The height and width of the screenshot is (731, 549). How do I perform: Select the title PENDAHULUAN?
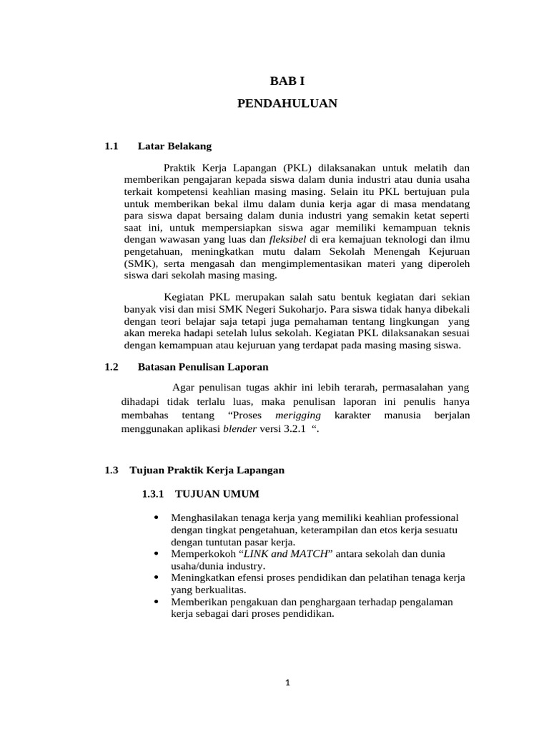(287, 104)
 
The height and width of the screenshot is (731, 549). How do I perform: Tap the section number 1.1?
(110, 146)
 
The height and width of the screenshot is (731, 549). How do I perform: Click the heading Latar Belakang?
(174, 146)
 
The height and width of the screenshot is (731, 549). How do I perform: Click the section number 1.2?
(110, 367)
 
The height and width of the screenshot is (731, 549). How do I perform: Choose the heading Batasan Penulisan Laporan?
(202, 367)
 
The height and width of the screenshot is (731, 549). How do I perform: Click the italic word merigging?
(298, 415)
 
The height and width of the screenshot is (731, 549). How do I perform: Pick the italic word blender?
(239, 430)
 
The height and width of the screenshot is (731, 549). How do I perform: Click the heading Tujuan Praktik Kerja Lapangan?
(207, 470)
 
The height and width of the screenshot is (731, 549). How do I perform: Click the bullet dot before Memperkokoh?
(156, 553)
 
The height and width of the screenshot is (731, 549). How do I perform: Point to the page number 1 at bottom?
(287, 683)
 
